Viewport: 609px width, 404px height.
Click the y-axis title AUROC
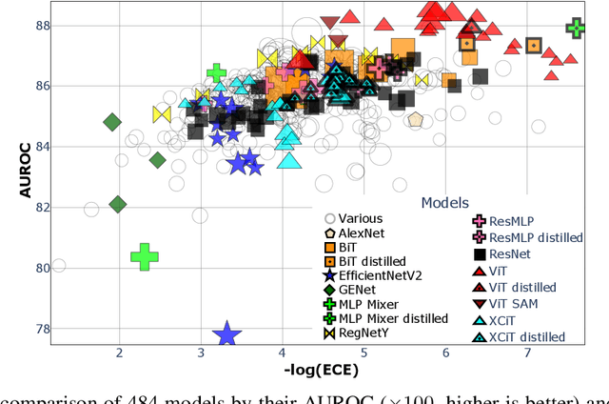coord(27,170)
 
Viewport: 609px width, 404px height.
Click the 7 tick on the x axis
coord(527,353)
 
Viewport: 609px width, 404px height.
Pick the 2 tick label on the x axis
coord(119,353)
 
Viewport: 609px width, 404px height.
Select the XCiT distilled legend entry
coord(526,336)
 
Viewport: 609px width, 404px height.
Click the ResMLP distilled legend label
coord(536,237)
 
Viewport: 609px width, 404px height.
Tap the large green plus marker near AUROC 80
coord(144,256)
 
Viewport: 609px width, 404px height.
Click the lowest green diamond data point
coord(118,204)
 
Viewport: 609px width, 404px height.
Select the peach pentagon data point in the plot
coord(415,120)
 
